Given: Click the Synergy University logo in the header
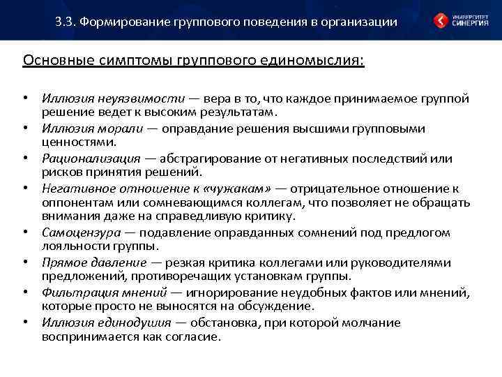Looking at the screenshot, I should [x=461, y=20].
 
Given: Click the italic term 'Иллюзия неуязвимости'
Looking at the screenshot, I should [x=112, y=98].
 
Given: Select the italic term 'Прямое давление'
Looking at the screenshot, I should [x=93, y=263].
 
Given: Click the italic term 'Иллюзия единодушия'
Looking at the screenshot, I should [x=107, y=323].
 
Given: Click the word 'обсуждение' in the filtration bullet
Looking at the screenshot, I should [x=280, y=306].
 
